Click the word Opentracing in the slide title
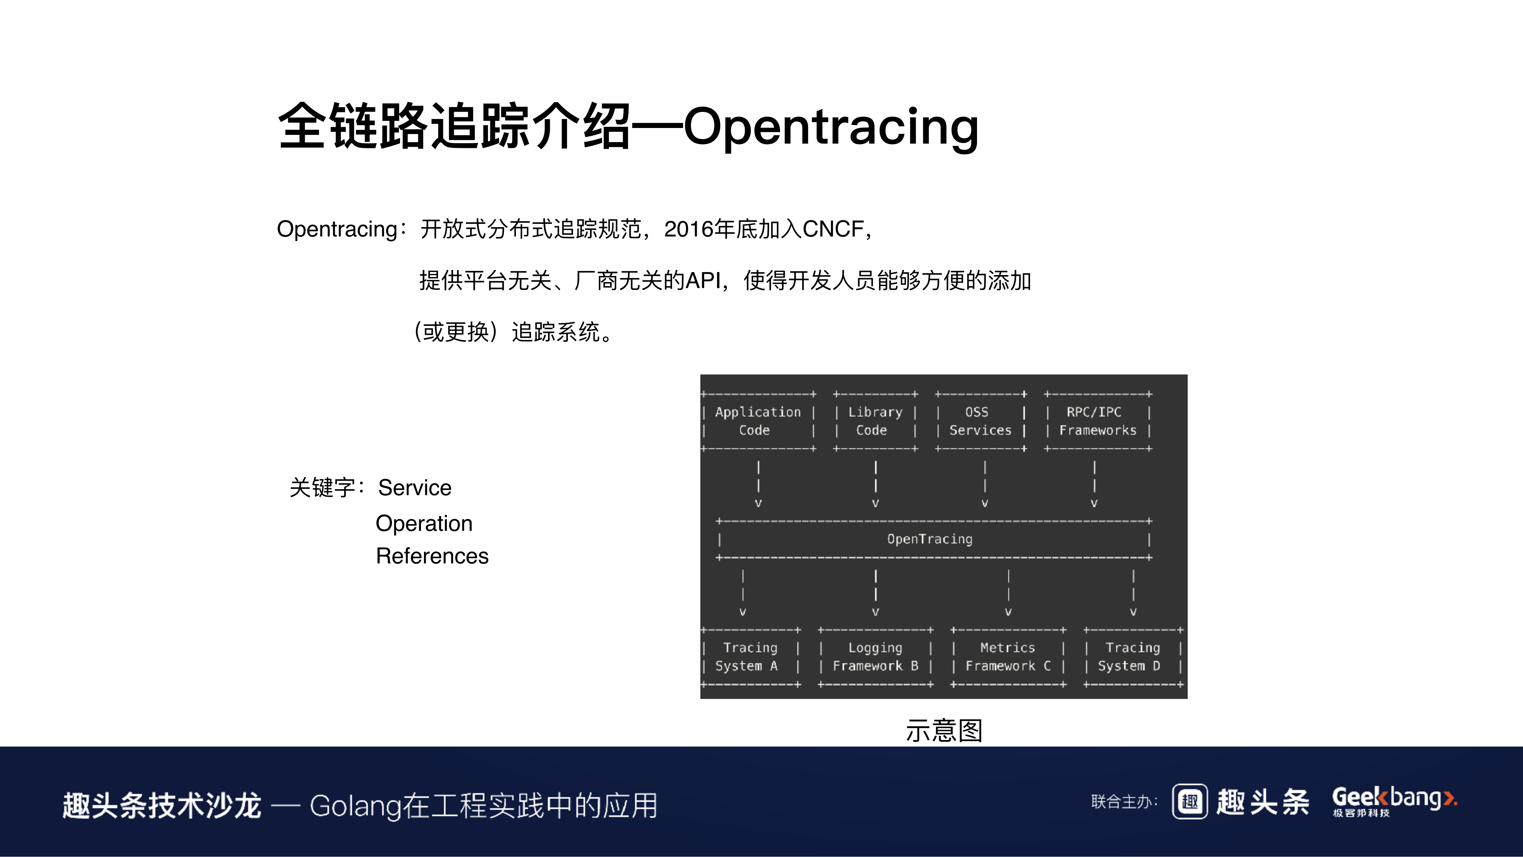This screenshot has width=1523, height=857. tap(831, 127)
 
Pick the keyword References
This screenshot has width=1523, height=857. tap(432, 556)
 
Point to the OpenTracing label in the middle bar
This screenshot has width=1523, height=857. tap(929, 539)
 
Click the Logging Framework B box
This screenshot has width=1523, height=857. tap(875, 656)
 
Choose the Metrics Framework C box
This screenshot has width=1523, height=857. tap(1007, 656)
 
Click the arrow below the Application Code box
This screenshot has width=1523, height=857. tap(758, 485)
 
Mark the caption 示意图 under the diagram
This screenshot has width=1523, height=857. tap(944, 730)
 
